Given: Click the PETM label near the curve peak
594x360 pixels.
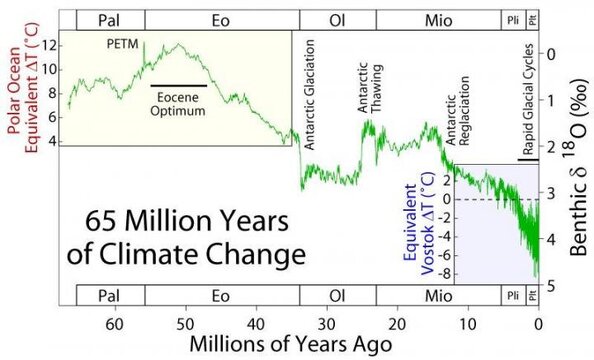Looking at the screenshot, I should (124, 44).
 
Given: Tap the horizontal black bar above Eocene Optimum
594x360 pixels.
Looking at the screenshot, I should (180, 86).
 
